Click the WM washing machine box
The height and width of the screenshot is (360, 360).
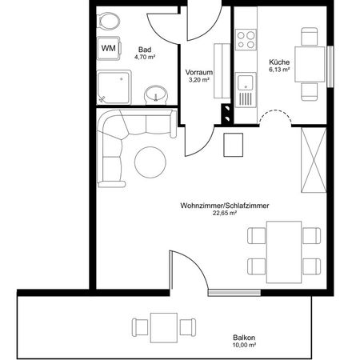tap(107, 47)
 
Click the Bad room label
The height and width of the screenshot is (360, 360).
tap(145, 48)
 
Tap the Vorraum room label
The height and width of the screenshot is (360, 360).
tap(198, 70)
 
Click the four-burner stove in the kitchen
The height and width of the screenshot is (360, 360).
tap(247, 39)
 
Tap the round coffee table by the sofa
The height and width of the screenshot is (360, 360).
tap(150, 162)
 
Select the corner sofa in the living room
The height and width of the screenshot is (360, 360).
tap(120, 144)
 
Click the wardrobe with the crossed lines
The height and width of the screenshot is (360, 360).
tap(313, 160)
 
